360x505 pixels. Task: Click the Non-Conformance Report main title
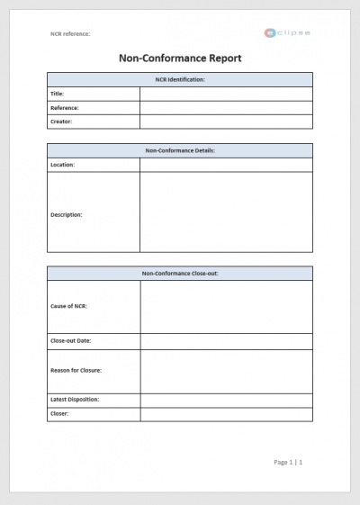pyautogui.click(x=180, y=59)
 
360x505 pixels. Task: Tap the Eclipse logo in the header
pyautogui.click(x=288, y=32)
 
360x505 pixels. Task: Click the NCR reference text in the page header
pyautogui.click(x=70, y=34)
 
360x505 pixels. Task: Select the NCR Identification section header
pyautogui.click(x=180, y=79)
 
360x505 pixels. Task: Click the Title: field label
pyautogui.click(x=58, y=94)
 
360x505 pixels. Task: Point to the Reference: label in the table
pyautogui.click(x=65, y=107)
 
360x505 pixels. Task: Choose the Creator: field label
pyautogui.click(x=61, y=122)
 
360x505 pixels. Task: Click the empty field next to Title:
pyautogui.click(x=226, y=94)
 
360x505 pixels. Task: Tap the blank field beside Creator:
pyautogui.click(x=226, y=122)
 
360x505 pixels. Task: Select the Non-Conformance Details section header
pyautogui.click(x=180, y=150)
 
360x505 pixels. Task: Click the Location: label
pyautogui.click(x=63, y=165)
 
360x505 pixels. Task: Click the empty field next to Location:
pyautogui.click(x=226, y=165)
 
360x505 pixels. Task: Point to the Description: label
pyautogui.click(x=67, y=215)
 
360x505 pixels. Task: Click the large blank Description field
pyautogui.click(x=226, y=212)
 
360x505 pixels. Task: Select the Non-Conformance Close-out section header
pyautogui.click(x=180, y=273)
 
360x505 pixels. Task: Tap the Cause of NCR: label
pyautogui.click(x=69, y=306)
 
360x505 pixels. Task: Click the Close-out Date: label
pyautogui.click(x=71, y=341)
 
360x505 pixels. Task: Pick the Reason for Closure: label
pyautogui.click(x=76, y=370)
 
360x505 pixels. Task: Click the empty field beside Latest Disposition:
pyautogui.click(x=226, y=399)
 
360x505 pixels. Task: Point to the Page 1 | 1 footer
pyautogui.click(x=288, y=462)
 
